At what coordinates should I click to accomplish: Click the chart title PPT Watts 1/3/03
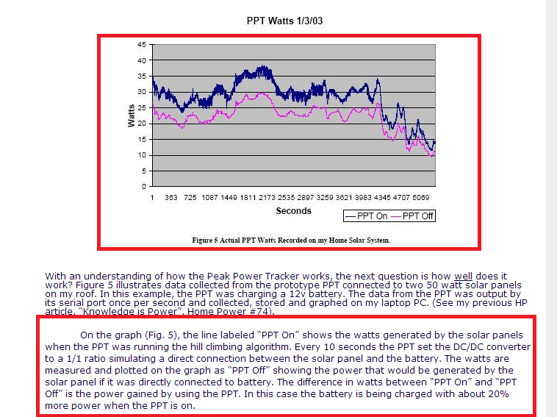click(x=284, y=21)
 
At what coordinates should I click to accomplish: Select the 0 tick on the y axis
click(x=144, y=187)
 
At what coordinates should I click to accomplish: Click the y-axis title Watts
click(x=131, y=115)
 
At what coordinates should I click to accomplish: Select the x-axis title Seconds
click(x=293, y=211)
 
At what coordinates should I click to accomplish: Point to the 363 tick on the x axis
click(x=170, y=199)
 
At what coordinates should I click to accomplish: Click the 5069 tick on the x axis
click(x=421, y=199)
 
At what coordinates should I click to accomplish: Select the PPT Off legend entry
click(x=412, y=216)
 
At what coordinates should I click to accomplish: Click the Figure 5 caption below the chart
click(x=290, y=240)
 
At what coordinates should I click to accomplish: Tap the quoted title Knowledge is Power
click(x=123, y=312)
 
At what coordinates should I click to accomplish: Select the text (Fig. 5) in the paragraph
click(x=155, y=335)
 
